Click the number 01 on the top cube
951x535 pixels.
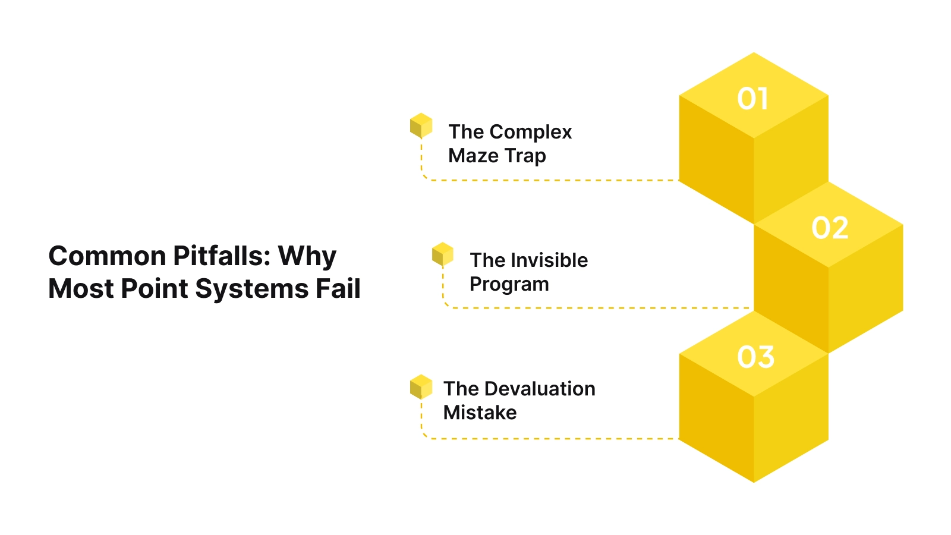click(x=753, y=99)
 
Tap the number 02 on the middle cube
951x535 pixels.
click(x=830, y=228)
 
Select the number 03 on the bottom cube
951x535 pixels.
click(x=755, y=357)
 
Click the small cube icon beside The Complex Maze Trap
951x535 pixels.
click(x=421, y=125)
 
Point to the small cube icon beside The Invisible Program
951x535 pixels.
click(x=442, y=254)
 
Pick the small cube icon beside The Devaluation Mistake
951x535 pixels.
click(x=421, y=386)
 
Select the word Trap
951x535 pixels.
click(x=524, y=156)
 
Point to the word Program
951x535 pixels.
click(x=509, y=285)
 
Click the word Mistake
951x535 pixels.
click(x=480, y=413)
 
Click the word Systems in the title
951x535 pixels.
click(x=251, y=289)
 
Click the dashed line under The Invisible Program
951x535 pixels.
click(x=594, y=308)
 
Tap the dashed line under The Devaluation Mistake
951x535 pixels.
click(x=553, y=439)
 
